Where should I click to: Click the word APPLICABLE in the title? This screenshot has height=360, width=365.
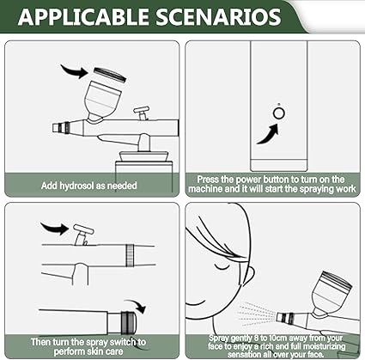[x=83, y=16]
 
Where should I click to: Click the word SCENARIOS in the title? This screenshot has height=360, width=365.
[x=219, y=16]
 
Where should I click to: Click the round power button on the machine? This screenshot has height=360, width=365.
[x=279, y=113]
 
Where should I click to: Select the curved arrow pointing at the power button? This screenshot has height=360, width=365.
[x=268, y=134]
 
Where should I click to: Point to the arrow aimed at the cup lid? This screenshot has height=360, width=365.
[x=75, y=71]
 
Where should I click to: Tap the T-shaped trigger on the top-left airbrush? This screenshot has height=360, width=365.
[x=142, y=113]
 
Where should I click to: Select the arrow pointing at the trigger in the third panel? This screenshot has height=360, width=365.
[x=55, y=228]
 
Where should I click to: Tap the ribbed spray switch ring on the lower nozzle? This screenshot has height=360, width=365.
[x=128, y=322]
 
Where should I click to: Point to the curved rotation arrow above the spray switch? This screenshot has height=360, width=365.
[x=137, y=306]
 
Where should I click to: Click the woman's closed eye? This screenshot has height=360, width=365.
[x=223, y=267]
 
